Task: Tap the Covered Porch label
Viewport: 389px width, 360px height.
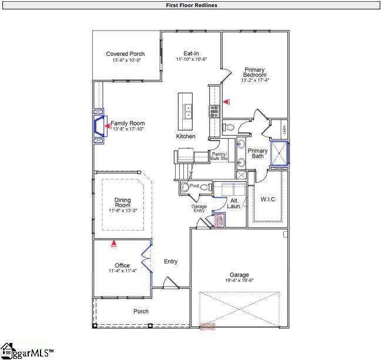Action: [x=125, y=54]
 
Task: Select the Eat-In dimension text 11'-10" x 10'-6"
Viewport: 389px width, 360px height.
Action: [x=192, y=60]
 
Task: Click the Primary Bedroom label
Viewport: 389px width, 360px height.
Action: [x=255, y=72]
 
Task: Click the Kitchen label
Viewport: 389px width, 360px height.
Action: [x=186, y=136]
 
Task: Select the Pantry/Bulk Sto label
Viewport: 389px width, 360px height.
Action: [x=220, y=156]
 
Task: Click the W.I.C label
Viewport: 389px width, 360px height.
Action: [x=268, y=199]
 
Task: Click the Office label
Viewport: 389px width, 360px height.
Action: [x=122, y=265]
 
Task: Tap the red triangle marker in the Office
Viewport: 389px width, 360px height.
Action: [x=114, y=242]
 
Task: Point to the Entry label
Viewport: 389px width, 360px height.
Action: [x=170, y=262]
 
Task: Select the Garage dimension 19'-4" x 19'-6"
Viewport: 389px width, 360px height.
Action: [x=239, y=281]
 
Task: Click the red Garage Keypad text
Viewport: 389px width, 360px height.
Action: [x=207, y=326]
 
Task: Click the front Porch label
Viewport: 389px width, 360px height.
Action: [x=141, y=311]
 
